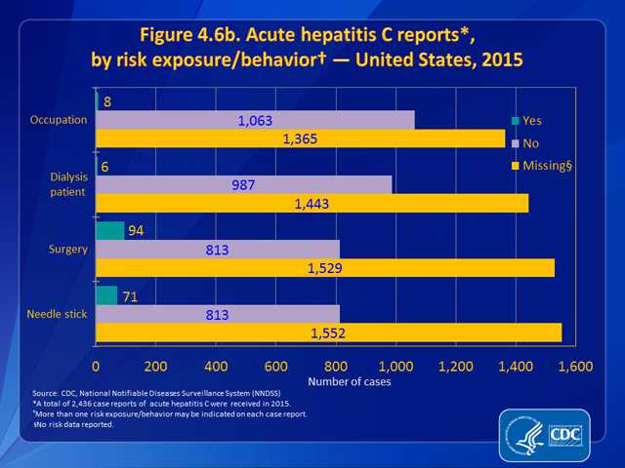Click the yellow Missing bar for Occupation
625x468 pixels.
300,139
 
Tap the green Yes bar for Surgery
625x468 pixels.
109,231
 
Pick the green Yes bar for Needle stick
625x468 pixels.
106,295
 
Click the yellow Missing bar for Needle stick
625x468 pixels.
328,332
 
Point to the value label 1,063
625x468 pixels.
255,121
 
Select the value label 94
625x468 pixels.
137,231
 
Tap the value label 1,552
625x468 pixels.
328,332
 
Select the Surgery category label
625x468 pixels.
68,250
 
